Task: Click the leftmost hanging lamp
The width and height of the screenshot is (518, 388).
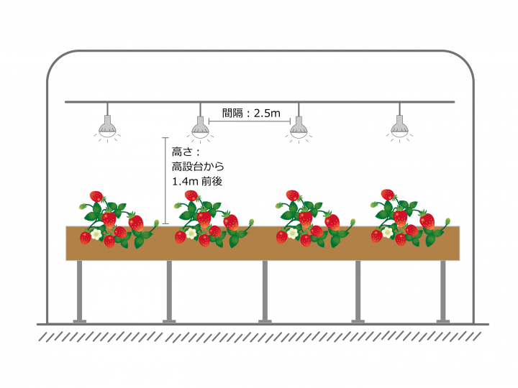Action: (107, 127)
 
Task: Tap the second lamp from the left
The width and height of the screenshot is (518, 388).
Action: (200, 128)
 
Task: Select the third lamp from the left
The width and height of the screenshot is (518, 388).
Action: (299, 128)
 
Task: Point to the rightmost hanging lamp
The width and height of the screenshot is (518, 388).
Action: (400, 127)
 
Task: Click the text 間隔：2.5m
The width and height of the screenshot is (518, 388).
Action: (251, 114)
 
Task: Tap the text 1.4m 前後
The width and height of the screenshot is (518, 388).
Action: (197, 181)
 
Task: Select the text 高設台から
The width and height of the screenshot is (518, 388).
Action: (198, 166)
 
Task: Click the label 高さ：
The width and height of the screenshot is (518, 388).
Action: (186, 152)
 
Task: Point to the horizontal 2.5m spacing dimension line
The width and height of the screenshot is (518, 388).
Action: (250, 121)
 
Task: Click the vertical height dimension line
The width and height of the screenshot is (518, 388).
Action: (165, 180)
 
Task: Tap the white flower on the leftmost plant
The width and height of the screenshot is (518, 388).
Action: (96, 234)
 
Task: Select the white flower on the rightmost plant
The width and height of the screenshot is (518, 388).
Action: (387, 232)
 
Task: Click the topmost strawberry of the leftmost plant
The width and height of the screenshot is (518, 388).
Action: (96, 196)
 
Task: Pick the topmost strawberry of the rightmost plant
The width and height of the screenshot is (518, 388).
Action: (388, 194)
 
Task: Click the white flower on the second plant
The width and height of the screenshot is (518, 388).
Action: (191, 234)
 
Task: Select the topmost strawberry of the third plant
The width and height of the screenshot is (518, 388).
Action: (293, 195)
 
